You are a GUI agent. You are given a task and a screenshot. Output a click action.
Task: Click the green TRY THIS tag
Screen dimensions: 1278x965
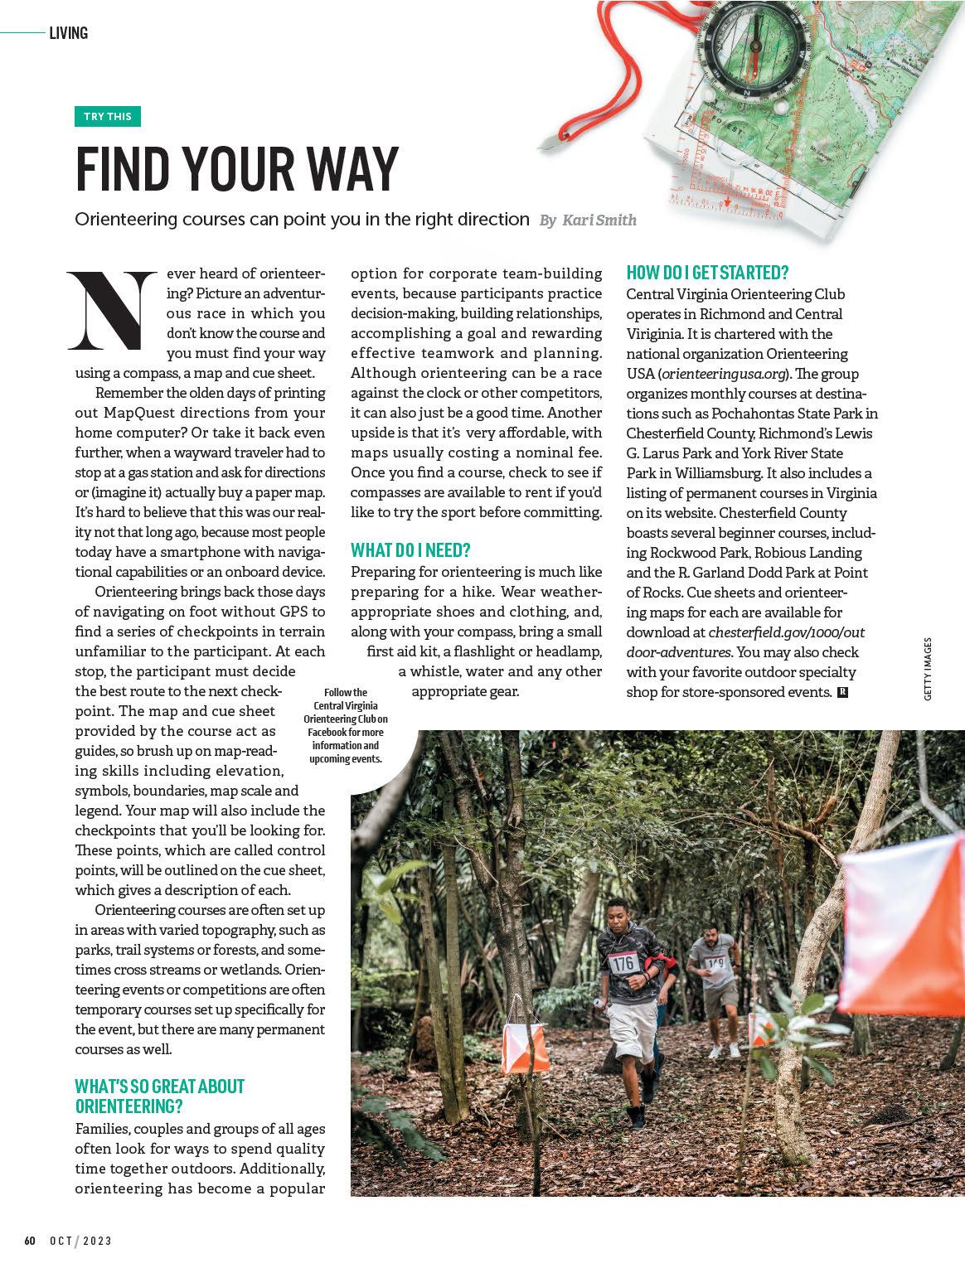(108, 116)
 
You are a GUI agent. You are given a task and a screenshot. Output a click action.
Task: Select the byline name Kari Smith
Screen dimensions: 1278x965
(599, 220)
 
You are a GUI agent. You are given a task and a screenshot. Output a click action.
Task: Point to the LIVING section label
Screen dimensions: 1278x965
(68, 33)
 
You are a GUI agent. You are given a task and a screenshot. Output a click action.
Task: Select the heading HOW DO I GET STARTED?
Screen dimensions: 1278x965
(707, 273)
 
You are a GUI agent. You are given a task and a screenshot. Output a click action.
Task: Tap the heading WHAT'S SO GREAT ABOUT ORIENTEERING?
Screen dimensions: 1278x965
(159, 1096)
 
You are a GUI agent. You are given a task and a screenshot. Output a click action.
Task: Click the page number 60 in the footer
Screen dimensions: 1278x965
(30, 1241)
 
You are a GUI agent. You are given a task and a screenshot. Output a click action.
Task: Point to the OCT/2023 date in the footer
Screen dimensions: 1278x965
(80, 1241)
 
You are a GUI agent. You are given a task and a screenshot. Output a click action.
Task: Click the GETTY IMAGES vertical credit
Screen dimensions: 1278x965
(928, 669)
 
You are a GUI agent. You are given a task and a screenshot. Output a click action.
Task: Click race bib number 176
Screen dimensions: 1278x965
(625, 963)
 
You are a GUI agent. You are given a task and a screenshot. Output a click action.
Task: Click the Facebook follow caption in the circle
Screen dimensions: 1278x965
(347, 725)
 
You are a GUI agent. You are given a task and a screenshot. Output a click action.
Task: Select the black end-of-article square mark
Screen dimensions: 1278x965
(842, 692)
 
